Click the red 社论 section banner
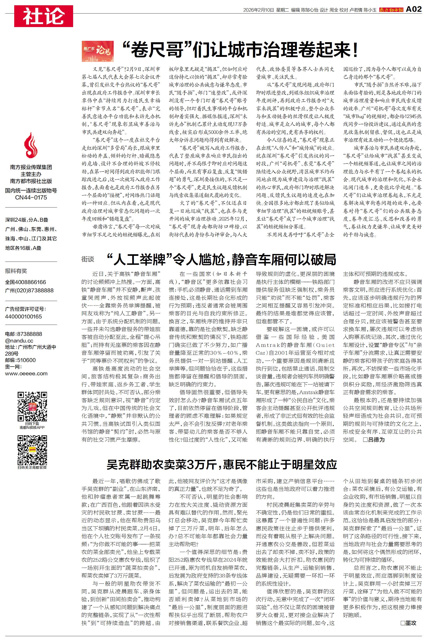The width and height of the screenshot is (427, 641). click(x=44, y=16)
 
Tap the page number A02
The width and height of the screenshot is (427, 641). click(x=413, y=9)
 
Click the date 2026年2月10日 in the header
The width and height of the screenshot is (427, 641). click(x=258, y=10)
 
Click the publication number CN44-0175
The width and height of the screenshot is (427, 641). click(x=31, y=197)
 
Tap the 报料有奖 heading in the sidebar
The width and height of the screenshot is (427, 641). click(x=16, y=271)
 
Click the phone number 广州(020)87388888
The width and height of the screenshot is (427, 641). click(x=29, y=290)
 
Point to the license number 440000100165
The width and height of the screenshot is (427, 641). click(x=23, y=316)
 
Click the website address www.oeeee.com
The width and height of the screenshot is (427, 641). click(x=26, y=374)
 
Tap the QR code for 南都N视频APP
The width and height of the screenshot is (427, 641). click(x=32, y=406)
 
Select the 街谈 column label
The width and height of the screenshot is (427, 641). click(x=88, y=259)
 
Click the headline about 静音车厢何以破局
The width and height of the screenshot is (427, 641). click(x=221, y=259)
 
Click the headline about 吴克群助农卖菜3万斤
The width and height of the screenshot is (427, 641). click(x=222, y=464)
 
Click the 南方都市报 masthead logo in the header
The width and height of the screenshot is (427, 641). click(x=391, y=10)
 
